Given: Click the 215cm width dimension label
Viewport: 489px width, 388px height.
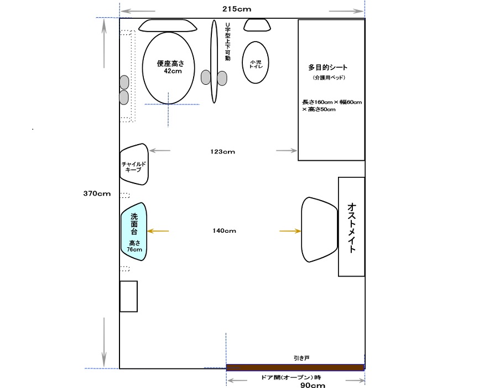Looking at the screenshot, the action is [237, 9].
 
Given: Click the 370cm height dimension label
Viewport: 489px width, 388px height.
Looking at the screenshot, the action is [97, 193].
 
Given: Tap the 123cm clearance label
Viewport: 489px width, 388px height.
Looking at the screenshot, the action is [223, 151].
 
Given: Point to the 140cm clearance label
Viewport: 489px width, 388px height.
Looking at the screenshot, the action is [224, 231].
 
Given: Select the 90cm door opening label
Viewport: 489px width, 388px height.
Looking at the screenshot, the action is [313, 385].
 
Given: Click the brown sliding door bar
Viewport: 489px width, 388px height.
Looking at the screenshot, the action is [295, 367].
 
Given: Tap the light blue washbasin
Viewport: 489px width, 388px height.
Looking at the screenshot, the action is [134, 232].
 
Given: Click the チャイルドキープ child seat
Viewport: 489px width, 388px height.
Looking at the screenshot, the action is [134, 164].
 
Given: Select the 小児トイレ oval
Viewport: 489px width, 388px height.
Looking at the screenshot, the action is [256, 63].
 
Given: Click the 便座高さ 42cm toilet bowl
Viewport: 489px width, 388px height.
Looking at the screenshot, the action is [168, 68].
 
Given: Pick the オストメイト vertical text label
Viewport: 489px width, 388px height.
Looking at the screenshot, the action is [351, 228].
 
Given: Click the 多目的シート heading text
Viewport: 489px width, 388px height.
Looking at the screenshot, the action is [328, 67].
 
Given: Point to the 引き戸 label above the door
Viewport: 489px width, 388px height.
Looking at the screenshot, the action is [301, 358].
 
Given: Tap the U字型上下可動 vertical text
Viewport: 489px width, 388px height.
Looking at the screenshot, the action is [228, 42].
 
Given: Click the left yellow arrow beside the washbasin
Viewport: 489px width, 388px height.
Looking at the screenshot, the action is [158, 231].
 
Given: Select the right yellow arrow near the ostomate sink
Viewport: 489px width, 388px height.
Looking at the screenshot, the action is [290, 231].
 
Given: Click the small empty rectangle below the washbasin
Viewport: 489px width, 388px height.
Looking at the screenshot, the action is [129, 297].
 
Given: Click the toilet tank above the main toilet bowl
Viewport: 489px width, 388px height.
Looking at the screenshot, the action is [168, 25].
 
